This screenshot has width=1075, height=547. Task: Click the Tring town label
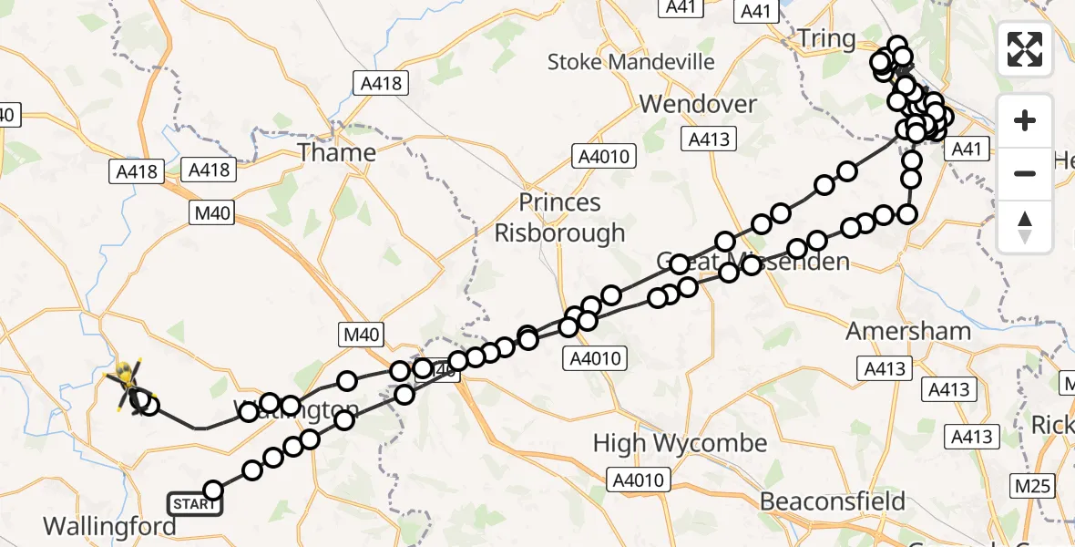click(826, 39)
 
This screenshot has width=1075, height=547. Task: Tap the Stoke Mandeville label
click(631, 62)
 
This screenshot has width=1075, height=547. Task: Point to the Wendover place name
click(698, 104)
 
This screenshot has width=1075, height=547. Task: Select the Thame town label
click(336, 152)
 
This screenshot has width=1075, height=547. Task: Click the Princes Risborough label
click(559, 217)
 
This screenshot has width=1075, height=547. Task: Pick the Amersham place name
click(908, 330)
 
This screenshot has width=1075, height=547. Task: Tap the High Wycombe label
click(680, 444)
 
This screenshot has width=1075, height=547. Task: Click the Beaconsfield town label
click(833, 501)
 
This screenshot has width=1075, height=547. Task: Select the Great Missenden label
click(753, 263)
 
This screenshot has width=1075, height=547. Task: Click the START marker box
click(194, 504)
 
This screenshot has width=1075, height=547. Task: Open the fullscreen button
click(1025, 49)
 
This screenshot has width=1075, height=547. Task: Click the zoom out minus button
click(1025, 173)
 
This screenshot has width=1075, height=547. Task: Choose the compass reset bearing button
click(1025, 226)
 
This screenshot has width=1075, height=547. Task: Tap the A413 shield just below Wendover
click(708, 139)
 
